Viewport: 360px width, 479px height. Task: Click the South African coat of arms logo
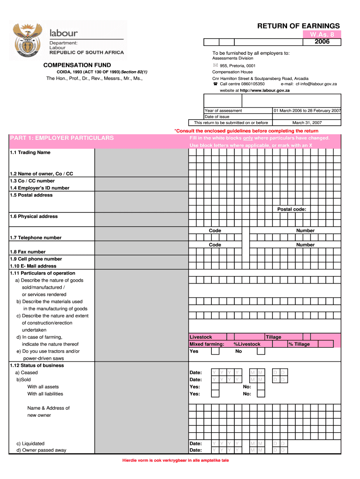pyautogui.click(x=28, y=39)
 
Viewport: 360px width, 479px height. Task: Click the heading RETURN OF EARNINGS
pyautogui.click(x=298, y=26)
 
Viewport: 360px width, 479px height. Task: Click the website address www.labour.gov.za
pyautogui.click(x=265, y=90)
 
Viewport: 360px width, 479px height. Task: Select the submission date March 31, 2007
pyautogui.click(x=307, y=123)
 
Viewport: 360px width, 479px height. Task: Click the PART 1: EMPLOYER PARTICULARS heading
pyautogui.click(x=62, y=138)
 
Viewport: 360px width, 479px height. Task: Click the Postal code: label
pyautogui.click(x=292, y=209)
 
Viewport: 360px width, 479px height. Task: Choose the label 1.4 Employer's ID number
pyautogui.click(x=40, y=188)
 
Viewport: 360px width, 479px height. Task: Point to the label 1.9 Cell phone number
pyautogui.click(x=36, y=259)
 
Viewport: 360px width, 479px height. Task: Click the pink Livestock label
pyautogui.click(x=201, y=337)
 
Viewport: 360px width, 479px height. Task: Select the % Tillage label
pyautogui.click(x=299, y=344)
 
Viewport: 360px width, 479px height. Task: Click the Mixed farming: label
pyautogui.click(x=207, y=344)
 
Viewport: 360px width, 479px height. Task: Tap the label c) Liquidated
pyautogui.click(x=30, y=443)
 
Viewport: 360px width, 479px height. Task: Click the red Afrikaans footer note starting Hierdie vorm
pyautogui.click(x=175, y=460)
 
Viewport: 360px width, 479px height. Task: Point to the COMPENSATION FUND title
pyautogui.click(x=77, y=65)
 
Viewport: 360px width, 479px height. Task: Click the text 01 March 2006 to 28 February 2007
pyautogui.click(x=307, y=110)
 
